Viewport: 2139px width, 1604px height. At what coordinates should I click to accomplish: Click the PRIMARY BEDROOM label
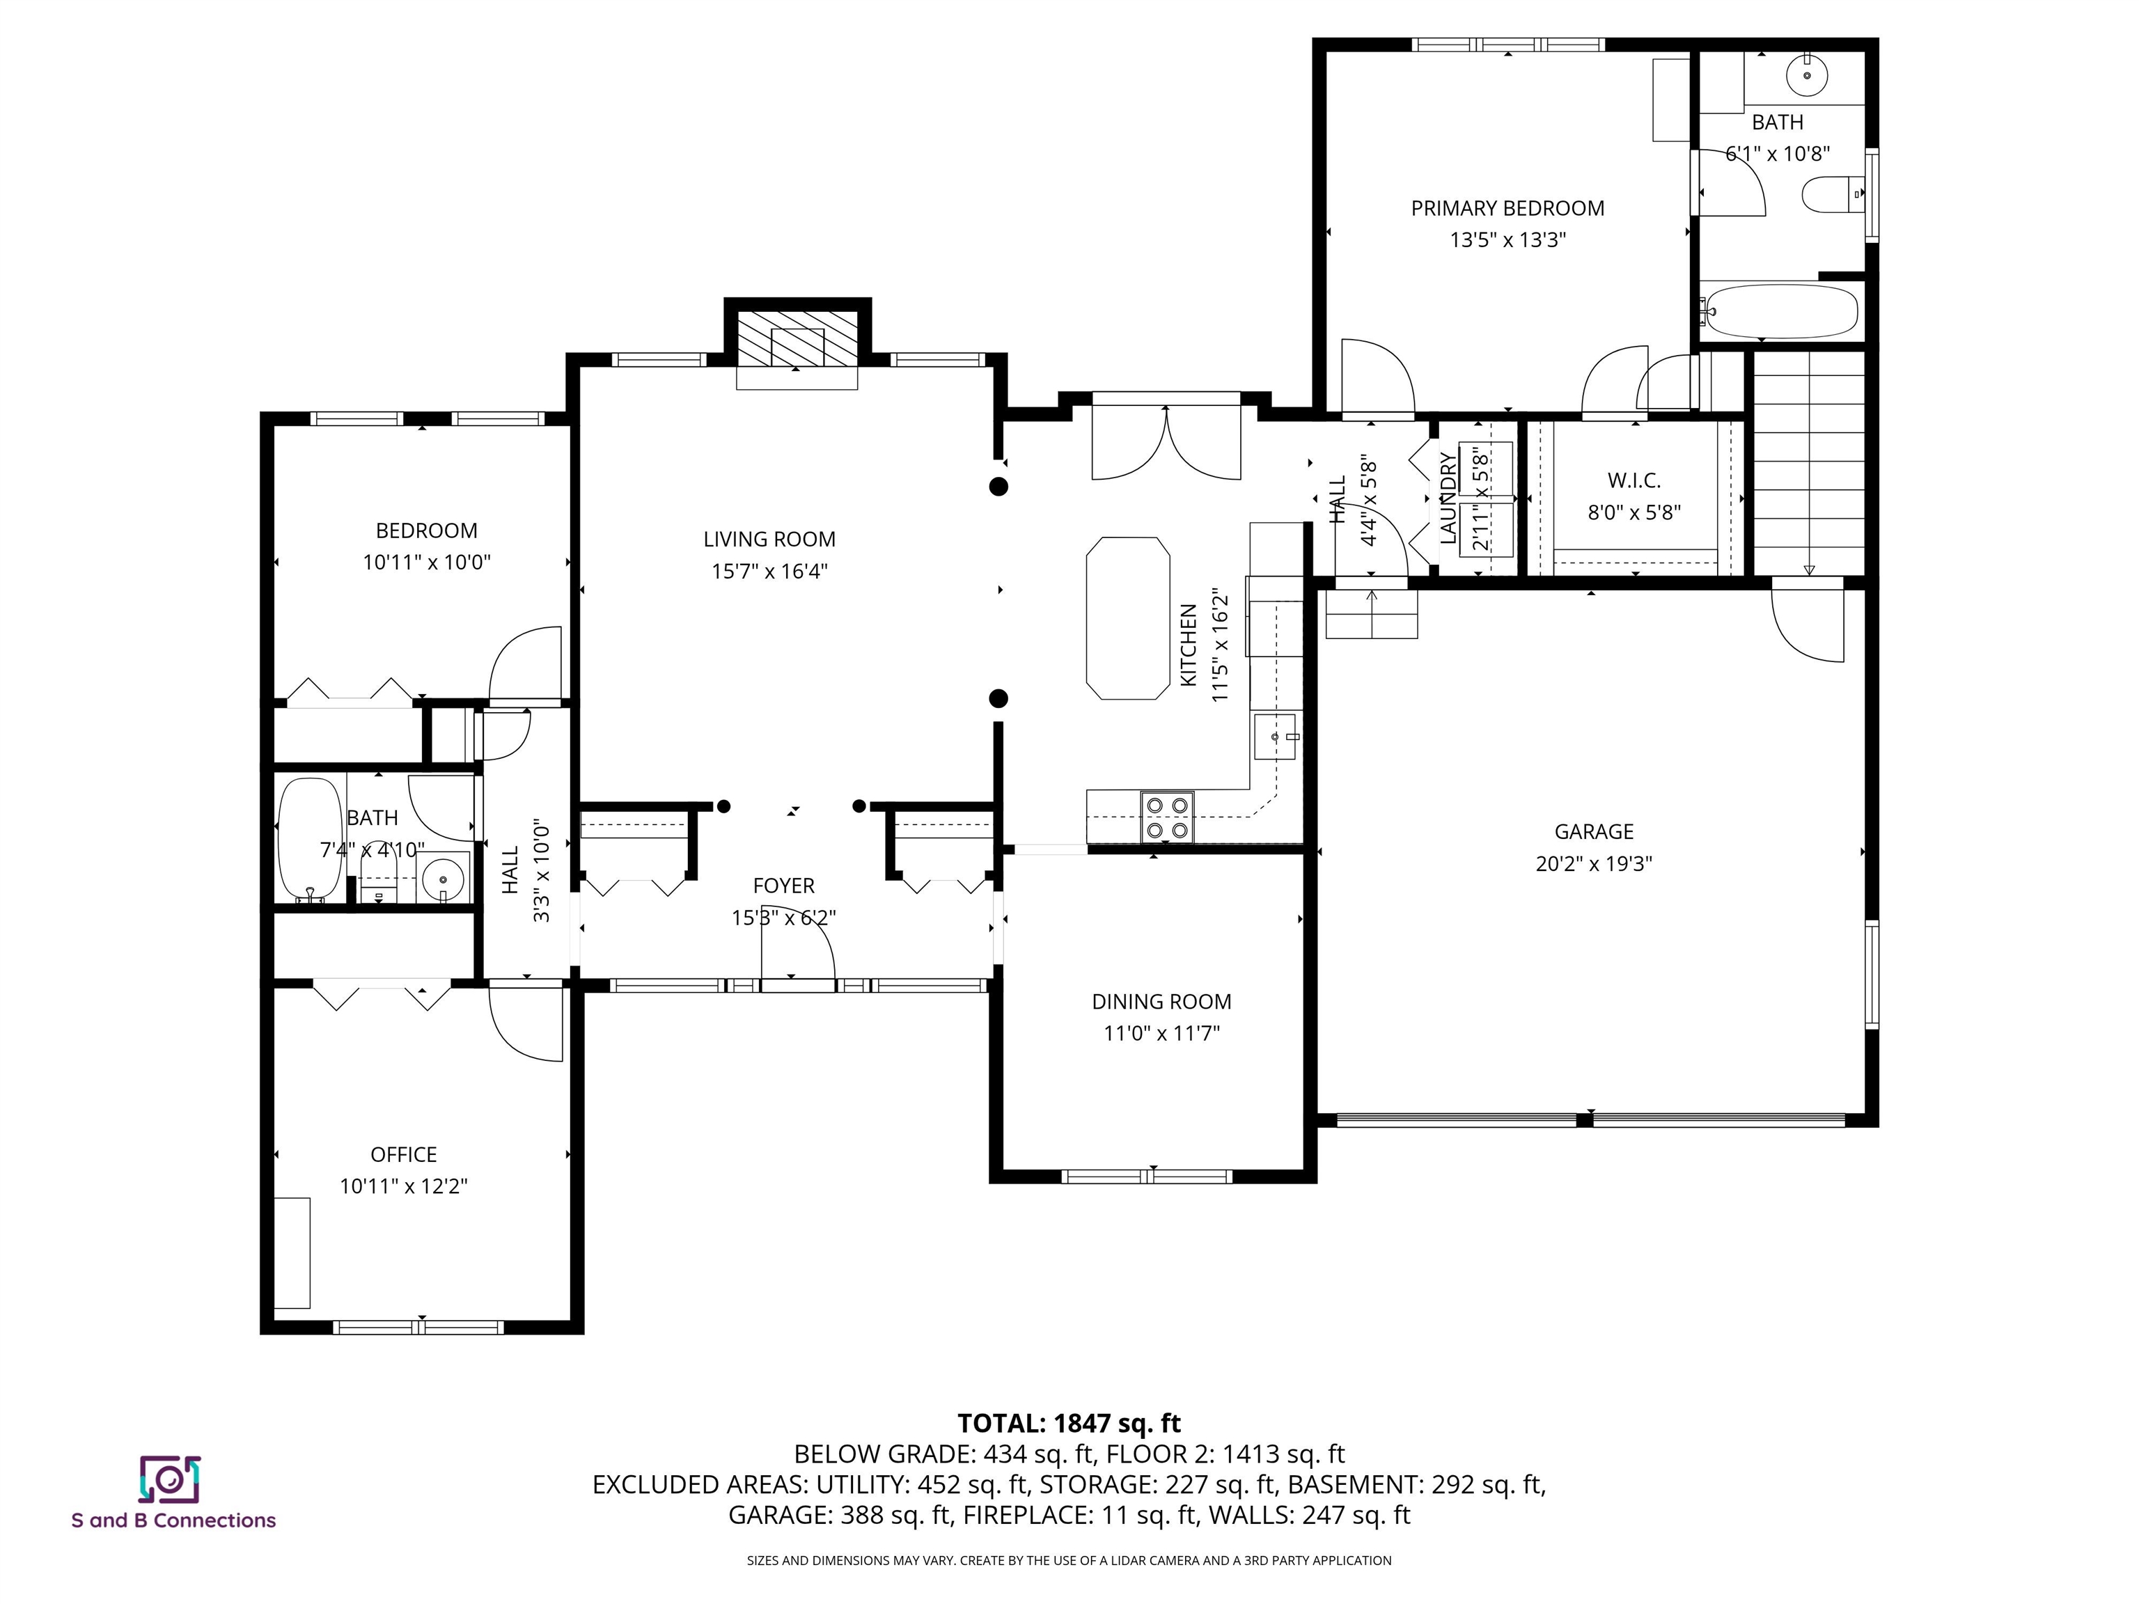1507,208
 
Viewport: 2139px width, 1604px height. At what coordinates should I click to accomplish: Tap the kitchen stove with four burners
1167,817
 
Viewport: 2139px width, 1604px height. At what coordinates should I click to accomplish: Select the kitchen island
1127,618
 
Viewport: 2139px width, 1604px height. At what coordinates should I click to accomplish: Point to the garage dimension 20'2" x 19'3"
1594,863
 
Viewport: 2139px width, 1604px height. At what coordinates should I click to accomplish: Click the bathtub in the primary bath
1781,310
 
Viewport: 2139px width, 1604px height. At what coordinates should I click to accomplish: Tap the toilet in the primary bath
1828,194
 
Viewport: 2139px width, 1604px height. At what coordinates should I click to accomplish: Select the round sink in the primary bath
1806,75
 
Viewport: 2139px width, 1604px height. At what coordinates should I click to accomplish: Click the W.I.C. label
1633,480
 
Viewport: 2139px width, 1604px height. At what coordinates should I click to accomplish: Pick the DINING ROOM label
1161,1002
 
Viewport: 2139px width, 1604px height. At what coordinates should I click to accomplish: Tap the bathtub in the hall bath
309,839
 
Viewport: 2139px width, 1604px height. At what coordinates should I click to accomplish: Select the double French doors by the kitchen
1166,443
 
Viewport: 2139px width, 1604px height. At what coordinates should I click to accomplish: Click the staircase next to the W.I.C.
1808,464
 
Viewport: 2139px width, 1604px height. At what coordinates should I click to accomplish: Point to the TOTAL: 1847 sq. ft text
1069,1423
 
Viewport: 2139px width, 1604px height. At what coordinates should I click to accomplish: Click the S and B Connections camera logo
170,1479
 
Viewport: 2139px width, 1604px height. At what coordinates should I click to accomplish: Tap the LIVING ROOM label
769,540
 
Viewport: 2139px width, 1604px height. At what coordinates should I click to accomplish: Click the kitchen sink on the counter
1276,737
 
